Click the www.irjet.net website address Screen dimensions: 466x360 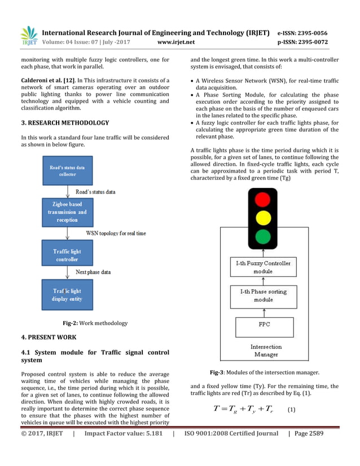click(x=176, y=42)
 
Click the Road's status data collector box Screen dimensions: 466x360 click(x=67, y=170)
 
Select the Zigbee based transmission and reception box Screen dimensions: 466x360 click(x=67, y=212)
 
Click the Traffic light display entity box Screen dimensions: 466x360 click(x=67, y=295)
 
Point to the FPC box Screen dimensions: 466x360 click(x=263, y=326)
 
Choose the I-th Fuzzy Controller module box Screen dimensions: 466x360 click(x=263, y=267)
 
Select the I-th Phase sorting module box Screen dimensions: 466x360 click(x=263, y=296)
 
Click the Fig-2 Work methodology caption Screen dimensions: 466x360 click(x=95, y=323)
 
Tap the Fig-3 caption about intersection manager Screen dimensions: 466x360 click(x=264, y=372)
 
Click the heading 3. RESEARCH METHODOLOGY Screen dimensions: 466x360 click(x=65, y=122)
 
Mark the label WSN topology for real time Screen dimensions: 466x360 click(x=116, y=232)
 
